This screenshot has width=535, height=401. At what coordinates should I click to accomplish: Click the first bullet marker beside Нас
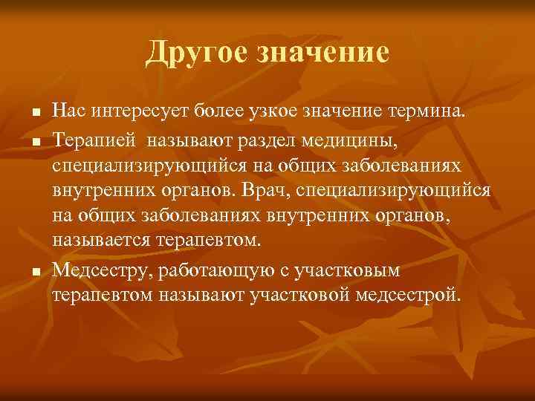click(x=26, y=114)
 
